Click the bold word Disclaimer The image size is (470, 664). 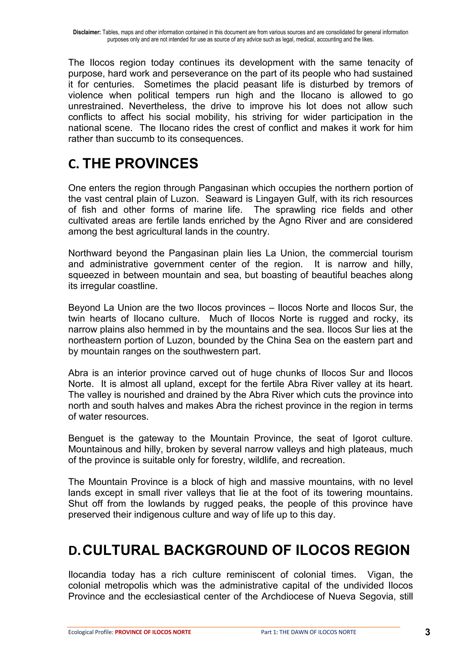click(x=87, y=32)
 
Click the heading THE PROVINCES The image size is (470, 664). click(x=140, y=164)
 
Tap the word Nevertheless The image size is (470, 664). click(x=157, y=106)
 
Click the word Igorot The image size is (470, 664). click(x=365, y=438)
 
